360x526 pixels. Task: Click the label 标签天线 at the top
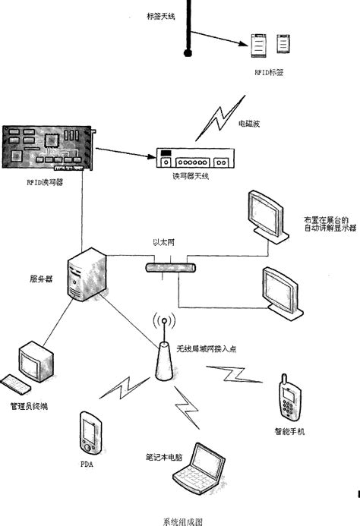[160, 15]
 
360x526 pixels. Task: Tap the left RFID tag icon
[259, 45]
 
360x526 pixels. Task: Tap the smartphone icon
[288, 398]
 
